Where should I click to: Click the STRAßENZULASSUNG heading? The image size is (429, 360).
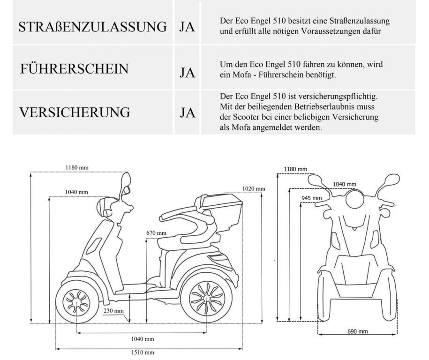coord(92,27)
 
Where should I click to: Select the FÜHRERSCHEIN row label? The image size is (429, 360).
coord(74,68)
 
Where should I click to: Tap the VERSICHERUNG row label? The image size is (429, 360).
coord(75,112)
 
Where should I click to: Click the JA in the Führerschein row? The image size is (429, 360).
coord(188,73)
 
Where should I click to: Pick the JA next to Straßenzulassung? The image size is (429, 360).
coord(187,27)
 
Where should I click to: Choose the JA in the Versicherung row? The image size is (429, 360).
coord(188,112)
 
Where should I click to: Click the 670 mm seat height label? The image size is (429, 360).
coord(156,233)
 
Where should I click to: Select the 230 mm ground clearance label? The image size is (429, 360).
coord(113,311)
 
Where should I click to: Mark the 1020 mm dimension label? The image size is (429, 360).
coord(254,188)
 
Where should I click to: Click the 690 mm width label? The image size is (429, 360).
coord(358,331)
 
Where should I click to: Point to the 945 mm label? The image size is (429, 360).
coord(312,198)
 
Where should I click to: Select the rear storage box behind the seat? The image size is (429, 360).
coord(222,209)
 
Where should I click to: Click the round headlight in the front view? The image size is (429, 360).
coord(355,199)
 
